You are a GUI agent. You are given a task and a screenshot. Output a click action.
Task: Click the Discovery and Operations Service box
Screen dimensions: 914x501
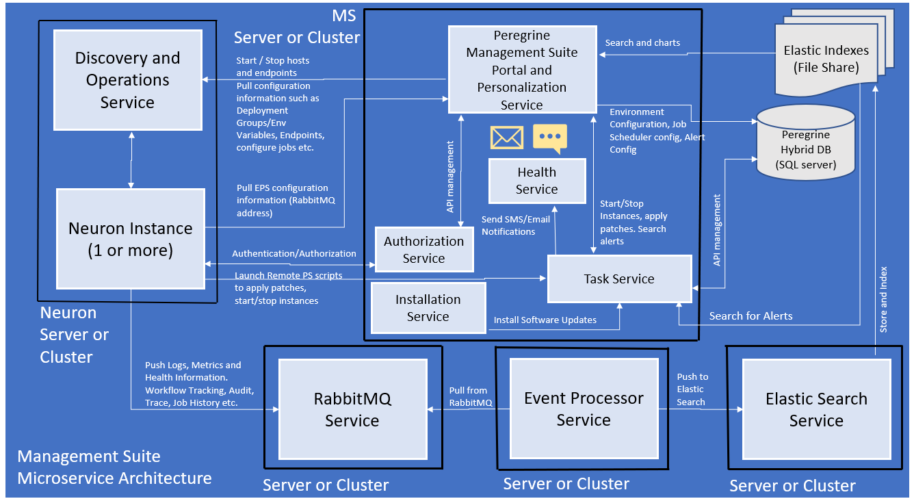[x=128, y=80]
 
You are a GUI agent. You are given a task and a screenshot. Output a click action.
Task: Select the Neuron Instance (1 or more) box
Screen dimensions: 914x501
[x=131, y=239]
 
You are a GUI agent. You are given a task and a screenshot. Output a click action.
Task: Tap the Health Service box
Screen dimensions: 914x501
[x=537, y=181]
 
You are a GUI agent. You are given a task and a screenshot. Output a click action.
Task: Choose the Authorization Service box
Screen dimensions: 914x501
[x=424, y=250]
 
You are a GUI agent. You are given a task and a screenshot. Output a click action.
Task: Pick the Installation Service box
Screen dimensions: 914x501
[x=428, y=308]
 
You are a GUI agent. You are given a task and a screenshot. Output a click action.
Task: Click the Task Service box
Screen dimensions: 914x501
[x=619, y=279]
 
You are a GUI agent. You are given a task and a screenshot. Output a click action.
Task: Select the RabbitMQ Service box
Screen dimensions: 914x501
[x=352, y=409]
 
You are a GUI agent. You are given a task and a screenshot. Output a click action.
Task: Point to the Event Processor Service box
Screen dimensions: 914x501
[x=584, y=409]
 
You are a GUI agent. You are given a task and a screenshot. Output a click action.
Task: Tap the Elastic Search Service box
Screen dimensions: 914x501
[x=816, y=409]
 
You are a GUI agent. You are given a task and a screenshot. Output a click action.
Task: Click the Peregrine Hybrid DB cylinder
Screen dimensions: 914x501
[x=806, y=142]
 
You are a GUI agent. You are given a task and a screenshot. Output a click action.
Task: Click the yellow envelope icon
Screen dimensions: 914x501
[x=507, y=138]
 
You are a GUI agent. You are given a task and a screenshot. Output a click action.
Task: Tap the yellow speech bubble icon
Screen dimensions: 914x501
[x=550, y=138]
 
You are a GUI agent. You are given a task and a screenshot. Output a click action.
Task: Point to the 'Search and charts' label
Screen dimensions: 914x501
[x=642, y=43]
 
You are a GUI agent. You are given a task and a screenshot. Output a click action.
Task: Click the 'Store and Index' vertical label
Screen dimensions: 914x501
[x=883, y=300]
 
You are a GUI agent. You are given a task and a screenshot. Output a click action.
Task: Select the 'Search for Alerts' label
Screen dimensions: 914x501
[x=750, y=316]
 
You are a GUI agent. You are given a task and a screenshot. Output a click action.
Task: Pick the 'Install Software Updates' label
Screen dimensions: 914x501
[x=545, y=320]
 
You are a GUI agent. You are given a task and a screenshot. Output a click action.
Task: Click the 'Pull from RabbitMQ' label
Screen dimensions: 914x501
[x=471, y=396]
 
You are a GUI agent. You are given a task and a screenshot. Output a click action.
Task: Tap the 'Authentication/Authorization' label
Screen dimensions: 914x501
[x=294, y=253]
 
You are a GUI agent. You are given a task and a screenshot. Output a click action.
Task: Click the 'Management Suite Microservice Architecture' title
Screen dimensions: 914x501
[x=115, y=467]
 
